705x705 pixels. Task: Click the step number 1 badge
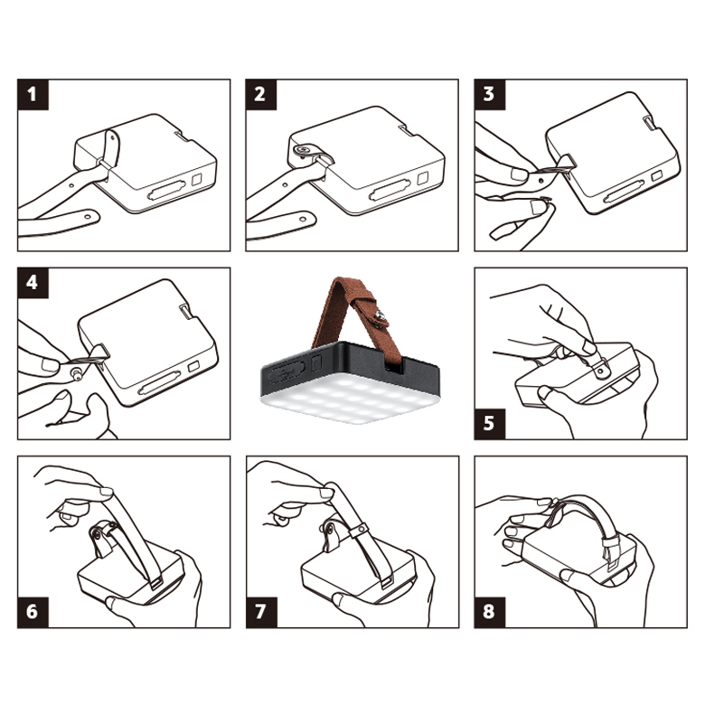(33, 94)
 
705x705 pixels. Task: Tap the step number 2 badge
(261, 94)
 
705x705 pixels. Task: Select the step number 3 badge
(490, 94)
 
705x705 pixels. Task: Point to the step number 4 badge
(33, 283)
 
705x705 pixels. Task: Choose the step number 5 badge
(490, 424)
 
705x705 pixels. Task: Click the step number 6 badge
(33, 613)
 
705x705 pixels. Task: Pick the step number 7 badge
(261, 613)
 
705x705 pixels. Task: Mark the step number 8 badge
(490, 613)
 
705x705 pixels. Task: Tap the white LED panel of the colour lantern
(349, 399)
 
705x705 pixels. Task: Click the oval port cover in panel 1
(167, 190)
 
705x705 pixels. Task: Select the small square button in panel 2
(422, 178)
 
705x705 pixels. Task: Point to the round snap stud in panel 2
(301, 150)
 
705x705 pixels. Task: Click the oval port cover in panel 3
(624, 193)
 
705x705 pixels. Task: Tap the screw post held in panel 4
(77, 373)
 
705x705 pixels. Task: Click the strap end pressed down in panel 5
(601, 367)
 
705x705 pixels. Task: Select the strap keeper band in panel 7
(360, 530)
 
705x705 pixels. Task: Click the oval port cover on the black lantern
(287, 371)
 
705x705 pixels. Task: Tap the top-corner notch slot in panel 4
(185, 311)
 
